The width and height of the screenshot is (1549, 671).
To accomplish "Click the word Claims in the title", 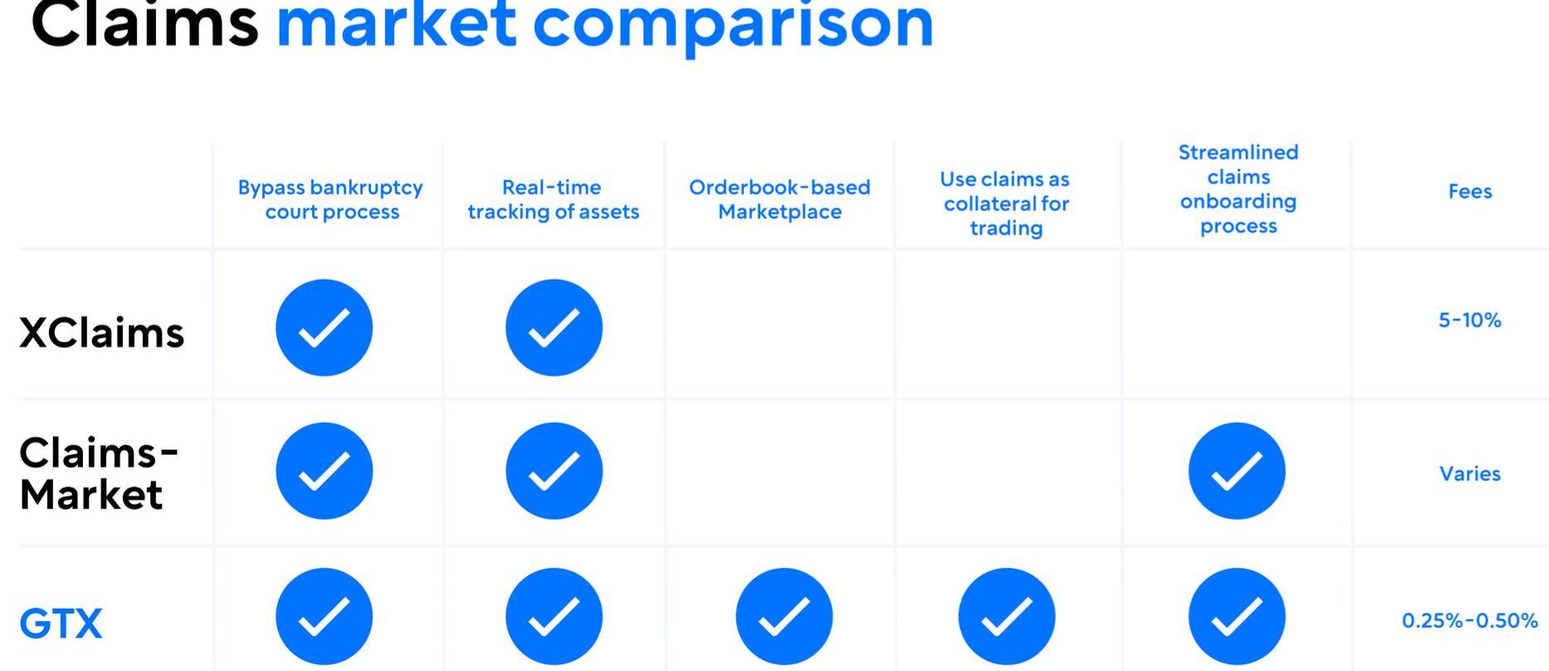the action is (144, 23).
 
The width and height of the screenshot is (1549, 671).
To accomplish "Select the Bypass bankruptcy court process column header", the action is (331, 199).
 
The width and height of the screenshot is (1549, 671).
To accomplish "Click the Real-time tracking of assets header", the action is (553, 199).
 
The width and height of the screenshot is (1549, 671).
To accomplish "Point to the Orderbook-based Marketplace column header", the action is (779, 199).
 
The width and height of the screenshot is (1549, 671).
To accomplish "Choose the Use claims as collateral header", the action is (1005, 203).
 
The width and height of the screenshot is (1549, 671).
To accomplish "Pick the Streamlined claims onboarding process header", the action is (1238, 189).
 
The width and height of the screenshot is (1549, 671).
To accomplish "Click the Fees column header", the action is (1470, 192).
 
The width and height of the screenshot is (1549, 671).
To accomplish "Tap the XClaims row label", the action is (101, 333).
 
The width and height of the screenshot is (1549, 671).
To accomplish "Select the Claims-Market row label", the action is (98, 473).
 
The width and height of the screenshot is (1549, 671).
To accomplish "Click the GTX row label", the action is (61, 624).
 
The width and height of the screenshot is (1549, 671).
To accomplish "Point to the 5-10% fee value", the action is (1470, 321).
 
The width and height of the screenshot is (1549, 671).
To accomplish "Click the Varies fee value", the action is (1470, 473).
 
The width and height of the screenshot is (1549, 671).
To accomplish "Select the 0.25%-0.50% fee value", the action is (1470, 620).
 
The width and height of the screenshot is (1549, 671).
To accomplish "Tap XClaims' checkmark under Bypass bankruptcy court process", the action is (324, 327).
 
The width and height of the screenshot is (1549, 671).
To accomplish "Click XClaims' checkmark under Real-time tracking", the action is (554, 327).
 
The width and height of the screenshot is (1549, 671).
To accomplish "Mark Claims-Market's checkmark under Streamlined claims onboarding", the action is (1237, 471).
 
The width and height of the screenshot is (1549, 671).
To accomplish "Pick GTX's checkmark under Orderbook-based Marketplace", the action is (784, 616).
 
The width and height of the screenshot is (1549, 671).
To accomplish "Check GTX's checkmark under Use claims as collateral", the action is (1007, 616).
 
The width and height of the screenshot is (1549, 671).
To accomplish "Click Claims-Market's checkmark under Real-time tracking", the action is (554, 471).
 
